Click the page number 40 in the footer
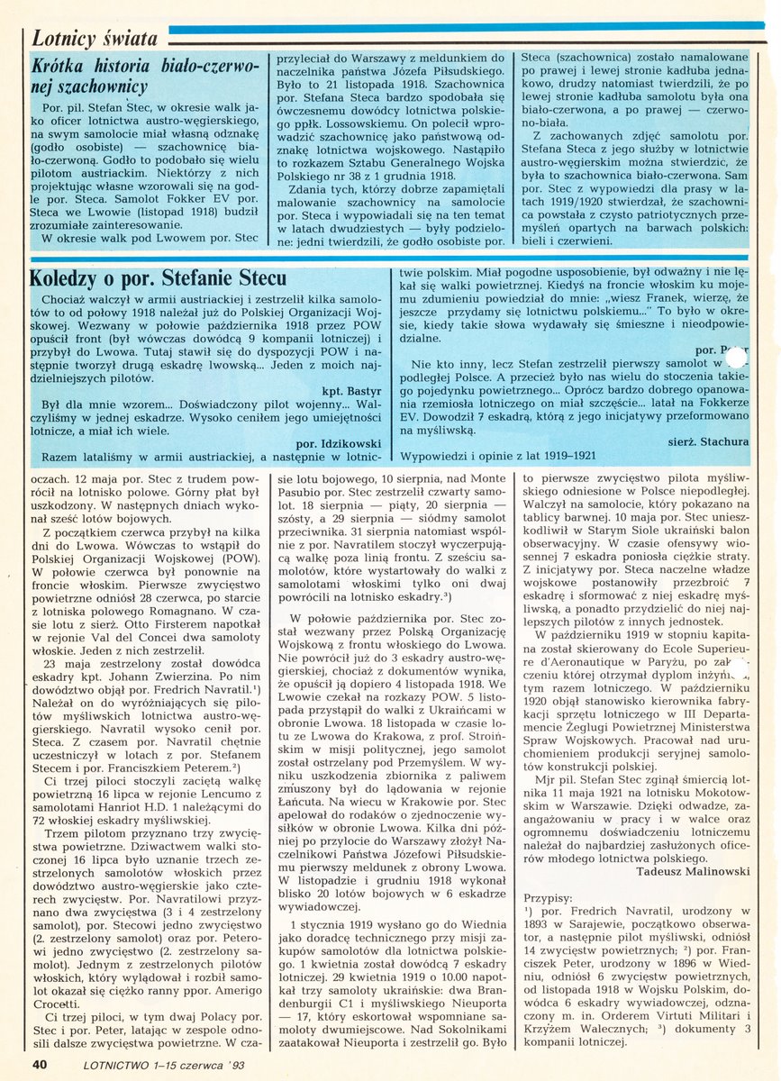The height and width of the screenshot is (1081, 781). pos(39,1063)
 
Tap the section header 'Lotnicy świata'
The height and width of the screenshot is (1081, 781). pos(95,38)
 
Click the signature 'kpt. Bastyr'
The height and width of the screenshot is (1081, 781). pos(352,393)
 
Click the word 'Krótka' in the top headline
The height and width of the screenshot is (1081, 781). pos(59,66)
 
